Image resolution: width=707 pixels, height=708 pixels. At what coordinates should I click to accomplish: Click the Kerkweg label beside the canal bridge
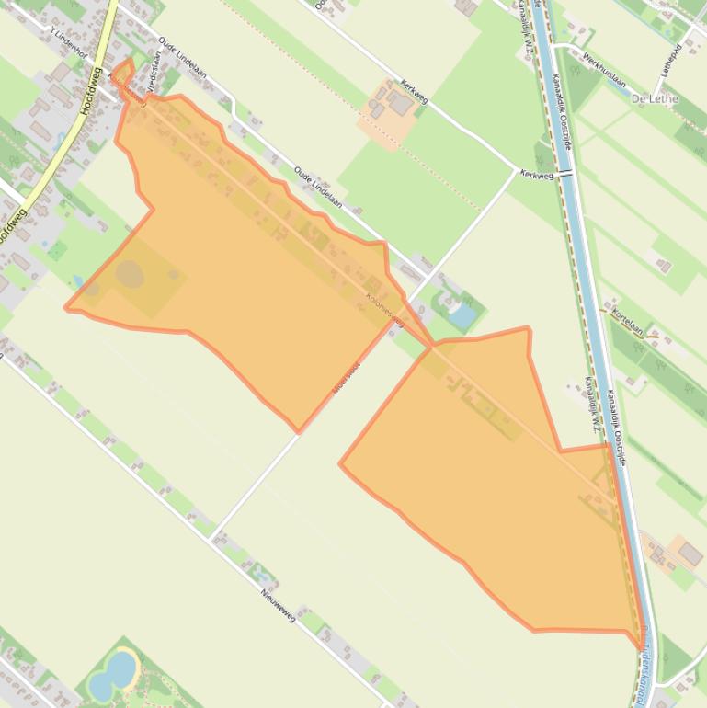pos(536,173)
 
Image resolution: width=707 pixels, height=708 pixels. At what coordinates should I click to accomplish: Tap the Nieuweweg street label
pos(277,603)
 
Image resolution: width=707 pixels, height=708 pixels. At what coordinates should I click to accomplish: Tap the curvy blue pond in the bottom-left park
pos(113,670)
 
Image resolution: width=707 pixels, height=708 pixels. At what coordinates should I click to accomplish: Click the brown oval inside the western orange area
pos(130,273)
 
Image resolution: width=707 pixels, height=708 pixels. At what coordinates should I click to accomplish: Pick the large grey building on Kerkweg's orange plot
pos(400,103)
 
